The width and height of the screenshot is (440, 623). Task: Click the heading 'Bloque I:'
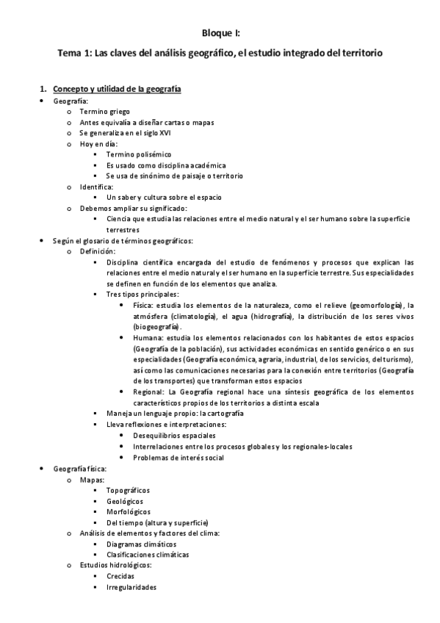coord(220,33)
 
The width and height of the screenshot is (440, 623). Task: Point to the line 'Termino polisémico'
coord(138,155)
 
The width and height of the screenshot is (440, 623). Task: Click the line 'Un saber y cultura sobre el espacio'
coord(164,198)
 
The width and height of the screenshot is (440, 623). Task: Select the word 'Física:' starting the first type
coord(145,305)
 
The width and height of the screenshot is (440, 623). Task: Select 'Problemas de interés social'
coord(178,457)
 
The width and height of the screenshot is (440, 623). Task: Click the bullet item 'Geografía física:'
coord(81,468)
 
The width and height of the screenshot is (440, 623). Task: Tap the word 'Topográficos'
coord(128,490)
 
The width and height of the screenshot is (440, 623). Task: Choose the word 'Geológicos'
coord(124,501)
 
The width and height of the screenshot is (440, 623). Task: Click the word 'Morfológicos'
coord(129,511)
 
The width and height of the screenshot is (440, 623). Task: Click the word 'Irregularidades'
coord(131,587)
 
